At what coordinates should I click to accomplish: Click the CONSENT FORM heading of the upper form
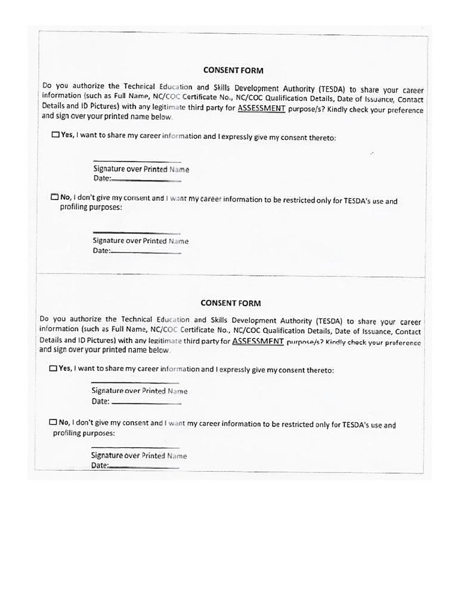coord(233,70)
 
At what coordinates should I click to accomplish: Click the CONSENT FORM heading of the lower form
coord(231,303)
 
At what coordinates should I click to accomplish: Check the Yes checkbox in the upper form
coord(55,135)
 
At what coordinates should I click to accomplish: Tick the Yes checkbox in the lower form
coord(53,368)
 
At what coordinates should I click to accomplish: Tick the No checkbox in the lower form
coord(53,422)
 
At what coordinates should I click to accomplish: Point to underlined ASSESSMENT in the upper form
coord(262,109)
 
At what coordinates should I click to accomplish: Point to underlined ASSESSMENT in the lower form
coord(258,341)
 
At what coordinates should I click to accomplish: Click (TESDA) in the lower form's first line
coord(329,320)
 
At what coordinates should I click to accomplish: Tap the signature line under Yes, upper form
coord(137,161)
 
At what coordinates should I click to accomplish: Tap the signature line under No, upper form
coord(137,233)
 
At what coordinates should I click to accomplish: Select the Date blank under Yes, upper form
coord(146,179)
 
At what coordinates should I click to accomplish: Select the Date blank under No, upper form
coord(146,253)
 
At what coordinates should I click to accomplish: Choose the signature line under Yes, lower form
coord(135,382)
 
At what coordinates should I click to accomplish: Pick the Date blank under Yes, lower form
coord(147,403)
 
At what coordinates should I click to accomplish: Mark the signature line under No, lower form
coord(135,447)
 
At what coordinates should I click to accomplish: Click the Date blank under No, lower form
coord(144,468)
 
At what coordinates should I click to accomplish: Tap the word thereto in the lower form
coord(318,371)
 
